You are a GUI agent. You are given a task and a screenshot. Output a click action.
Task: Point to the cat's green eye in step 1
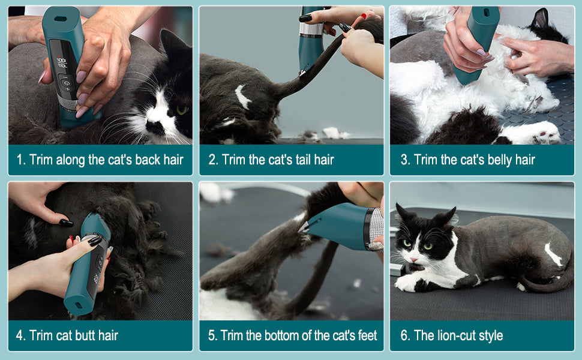[x=181, y=110]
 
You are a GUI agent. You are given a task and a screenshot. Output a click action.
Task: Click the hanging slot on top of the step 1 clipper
[x=61, y=19]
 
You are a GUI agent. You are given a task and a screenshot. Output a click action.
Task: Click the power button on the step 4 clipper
[x=98, y=262]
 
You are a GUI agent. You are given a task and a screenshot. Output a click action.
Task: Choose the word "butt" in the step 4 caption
[x=84, y=335]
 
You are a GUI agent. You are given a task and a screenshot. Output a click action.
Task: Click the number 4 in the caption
[x=19, y=335]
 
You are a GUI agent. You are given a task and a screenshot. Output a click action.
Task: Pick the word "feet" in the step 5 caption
[x=365, y=335]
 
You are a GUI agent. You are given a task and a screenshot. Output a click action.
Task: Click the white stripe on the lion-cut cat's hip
[x=553, y=254]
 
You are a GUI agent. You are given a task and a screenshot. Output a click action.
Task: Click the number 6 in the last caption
[x=404, y=335]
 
